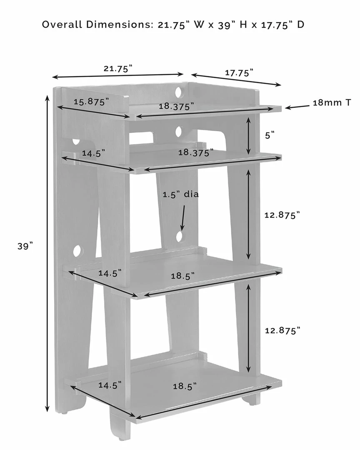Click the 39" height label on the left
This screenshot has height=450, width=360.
click(25, 246)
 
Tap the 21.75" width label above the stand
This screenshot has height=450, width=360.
click(118, 69)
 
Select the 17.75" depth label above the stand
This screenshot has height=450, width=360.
click(239, 73)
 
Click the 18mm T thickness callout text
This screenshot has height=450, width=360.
click(332, 102)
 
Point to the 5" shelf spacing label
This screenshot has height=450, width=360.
click(270, 135)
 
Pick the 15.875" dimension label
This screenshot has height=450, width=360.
click(91, 102)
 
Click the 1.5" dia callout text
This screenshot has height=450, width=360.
click(180, 195)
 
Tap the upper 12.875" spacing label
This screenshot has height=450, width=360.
click(282, 215)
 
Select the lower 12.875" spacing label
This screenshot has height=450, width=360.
click(282, 330)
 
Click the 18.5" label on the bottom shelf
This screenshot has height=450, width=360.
click(185, 386)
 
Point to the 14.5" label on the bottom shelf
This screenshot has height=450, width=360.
click(110, 385)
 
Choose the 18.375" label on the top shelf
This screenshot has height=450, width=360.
click(176, 106)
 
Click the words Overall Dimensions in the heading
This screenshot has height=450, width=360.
click(97, 25)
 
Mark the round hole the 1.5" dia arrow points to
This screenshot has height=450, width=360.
click(180, 237)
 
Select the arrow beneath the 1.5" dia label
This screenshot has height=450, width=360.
click(182, 217)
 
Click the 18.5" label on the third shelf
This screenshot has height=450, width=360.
click(182, 276)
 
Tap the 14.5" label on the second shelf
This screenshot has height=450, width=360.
click(93, 153)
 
